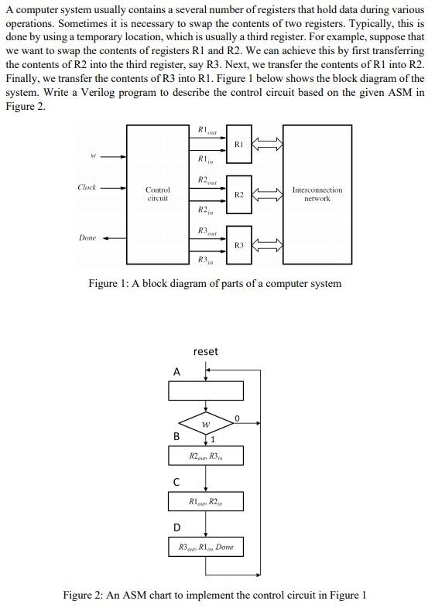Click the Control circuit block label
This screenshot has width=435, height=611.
158,194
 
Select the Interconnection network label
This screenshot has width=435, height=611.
317,194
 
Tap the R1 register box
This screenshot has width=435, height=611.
238,145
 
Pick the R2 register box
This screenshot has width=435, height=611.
238,195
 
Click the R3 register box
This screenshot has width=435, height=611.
238,245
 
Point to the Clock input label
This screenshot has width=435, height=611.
87,187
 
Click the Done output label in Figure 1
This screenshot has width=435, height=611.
87,237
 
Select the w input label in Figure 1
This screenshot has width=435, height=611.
92,155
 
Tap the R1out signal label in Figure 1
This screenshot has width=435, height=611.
207,130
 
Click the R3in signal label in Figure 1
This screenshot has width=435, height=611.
205,259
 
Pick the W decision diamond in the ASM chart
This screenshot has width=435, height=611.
206,425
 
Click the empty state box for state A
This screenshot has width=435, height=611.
206,391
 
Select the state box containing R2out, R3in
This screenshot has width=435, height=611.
206,456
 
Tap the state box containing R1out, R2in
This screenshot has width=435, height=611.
206,502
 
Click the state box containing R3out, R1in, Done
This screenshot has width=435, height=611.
206,547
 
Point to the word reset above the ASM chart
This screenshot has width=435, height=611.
205,351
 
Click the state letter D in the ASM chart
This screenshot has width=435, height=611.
176,527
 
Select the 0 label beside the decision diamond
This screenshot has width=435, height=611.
238,418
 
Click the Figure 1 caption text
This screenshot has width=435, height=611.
214,283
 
